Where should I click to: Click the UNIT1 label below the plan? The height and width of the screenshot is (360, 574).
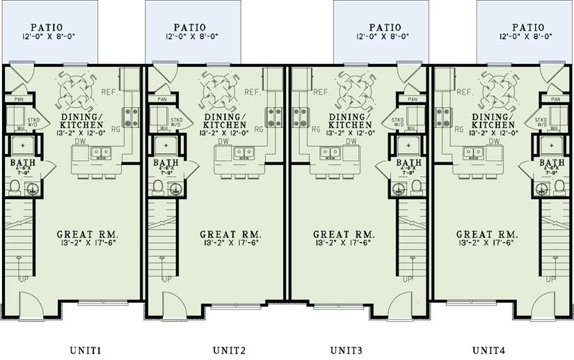point(86,350)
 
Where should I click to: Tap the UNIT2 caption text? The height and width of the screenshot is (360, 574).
point(228,350)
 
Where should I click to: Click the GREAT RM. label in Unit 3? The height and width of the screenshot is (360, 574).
point(344,234)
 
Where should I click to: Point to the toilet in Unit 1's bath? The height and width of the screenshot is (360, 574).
point(15,187)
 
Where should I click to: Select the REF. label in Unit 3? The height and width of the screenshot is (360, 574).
point(321,92)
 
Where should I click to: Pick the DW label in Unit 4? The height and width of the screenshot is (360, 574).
point(494,141)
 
